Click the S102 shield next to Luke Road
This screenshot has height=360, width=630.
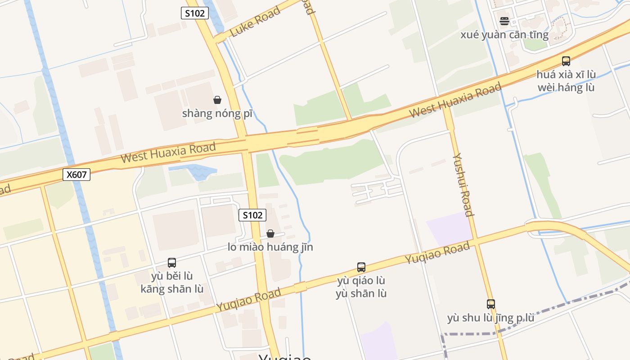click(x=195, y=13)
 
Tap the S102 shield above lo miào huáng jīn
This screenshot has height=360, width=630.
click(x=252, y=215)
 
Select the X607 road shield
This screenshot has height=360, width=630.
click(x=76, y=175)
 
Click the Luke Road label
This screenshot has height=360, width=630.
click(x=255, y=22)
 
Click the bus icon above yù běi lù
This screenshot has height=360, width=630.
click(x=171, y=263)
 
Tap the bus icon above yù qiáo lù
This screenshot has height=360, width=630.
click(x=361, y=267)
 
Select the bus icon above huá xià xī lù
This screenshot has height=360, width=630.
click(x=566, y=61)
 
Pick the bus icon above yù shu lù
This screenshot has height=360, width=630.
click(x=490, y=304)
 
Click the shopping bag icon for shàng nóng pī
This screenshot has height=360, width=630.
click(x=217, y=100)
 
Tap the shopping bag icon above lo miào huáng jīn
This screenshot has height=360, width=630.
click(x=270, y=234)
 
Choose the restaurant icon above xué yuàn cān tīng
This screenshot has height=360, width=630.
click(x=504, y=21)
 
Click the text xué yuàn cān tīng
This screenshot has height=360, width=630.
click(x=504, y=35)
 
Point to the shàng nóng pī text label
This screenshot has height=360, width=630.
click(x=217, y=113)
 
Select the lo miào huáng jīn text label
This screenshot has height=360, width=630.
click(x=270, y=247)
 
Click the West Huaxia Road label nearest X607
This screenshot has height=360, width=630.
click(x=168, y=152)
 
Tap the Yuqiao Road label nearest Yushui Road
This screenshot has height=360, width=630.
click(x=437, y=253)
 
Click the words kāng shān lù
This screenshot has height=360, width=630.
click(x=172, y=289)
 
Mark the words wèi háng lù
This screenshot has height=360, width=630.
click(x=566, y=87)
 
